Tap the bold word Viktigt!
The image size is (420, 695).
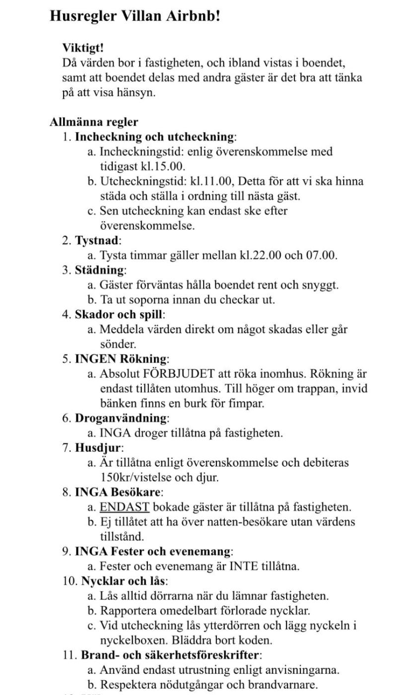[83, 48]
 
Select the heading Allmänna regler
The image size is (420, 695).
[94, 122]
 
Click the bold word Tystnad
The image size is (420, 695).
[97, 241]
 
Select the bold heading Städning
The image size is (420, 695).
[99, 271]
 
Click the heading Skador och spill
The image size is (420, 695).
[119, 315]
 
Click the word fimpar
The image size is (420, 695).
[246, 404]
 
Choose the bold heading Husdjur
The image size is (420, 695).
[98, 448]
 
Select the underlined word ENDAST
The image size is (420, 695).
[125, 507]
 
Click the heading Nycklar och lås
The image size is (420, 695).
[123, 581]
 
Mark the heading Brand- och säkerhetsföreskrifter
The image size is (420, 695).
[170, 655]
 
